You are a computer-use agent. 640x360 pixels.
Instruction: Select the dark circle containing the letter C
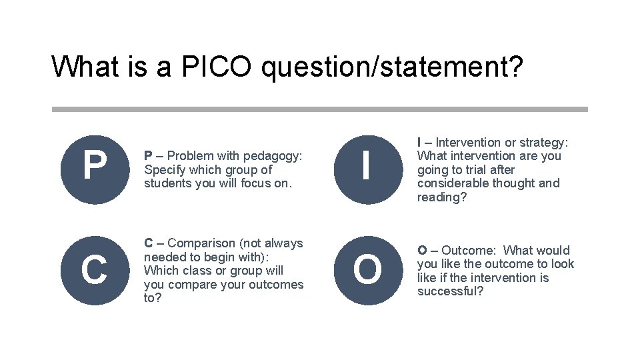[94, 270]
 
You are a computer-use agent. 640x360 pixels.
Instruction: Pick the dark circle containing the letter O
[367, 270]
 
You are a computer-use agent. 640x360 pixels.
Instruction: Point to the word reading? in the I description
[442, 197]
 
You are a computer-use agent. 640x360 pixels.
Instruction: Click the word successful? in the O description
[450, 291]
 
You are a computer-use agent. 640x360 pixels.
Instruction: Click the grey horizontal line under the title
[320, 109]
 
